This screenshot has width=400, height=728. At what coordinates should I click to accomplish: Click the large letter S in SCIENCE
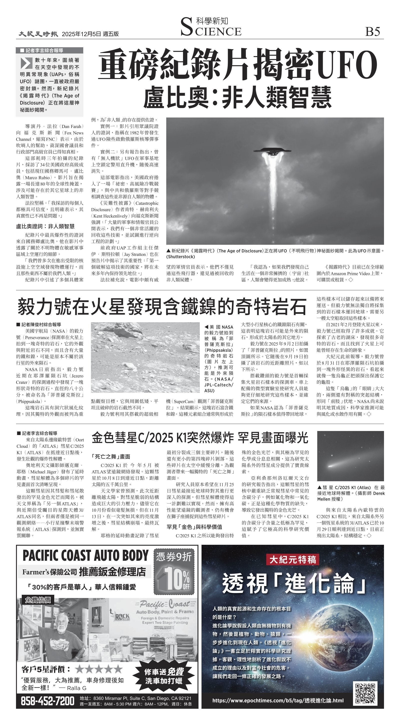click(186, 27)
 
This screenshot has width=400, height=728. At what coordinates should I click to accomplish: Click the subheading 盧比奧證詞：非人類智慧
click(45, 226)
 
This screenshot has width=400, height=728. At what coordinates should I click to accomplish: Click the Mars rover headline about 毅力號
click(162, 307)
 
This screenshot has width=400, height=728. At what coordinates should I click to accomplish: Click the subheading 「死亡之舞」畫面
click(111, 456)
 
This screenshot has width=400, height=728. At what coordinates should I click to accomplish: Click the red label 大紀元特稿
click(292, 559)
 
